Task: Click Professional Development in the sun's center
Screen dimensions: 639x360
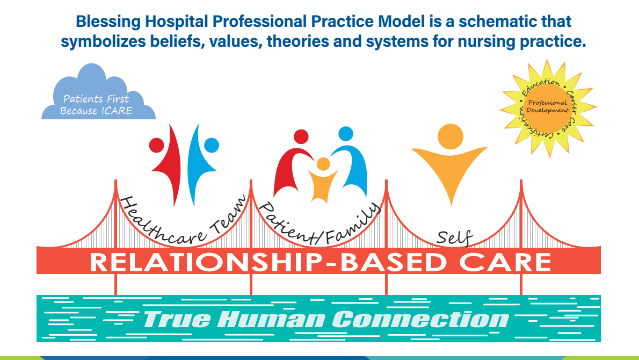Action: [x=547, y=106]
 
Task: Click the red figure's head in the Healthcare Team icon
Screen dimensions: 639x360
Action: [x=156, y=145]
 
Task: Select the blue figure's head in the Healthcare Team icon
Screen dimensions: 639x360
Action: [x=212, y=145]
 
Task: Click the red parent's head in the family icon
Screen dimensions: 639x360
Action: [x=301, y=136]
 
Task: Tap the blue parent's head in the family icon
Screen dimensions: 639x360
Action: [x=346, y=134]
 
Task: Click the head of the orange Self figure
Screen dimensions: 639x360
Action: [x=451, y=136]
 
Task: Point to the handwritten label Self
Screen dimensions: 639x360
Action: [x=454, y=237]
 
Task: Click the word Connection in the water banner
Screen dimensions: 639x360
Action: [x=420, y=319]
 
